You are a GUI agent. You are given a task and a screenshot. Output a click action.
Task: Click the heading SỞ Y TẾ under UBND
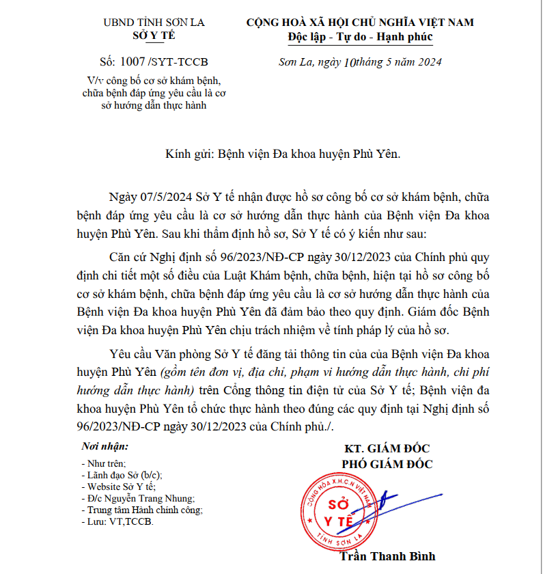(x=153, y=36)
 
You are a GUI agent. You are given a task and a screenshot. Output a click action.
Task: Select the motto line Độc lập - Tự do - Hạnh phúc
(x=360, y=36)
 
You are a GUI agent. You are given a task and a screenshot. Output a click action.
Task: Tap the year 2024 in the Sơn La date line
(x=428, y=62)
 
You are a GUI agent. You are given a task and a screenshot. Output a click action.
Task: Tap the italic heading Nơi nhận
(x=104, y=446)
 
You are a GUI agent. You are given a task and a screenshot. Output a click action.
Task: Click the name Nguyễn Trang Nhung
(x=152, y=498)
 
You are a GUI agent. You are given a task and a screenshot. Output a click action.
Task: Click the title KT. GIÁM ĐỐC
(x=388, y=449)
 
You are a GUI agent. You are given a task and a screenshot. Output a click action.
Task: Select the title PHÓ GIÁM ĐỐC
(x=387, y=464)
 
